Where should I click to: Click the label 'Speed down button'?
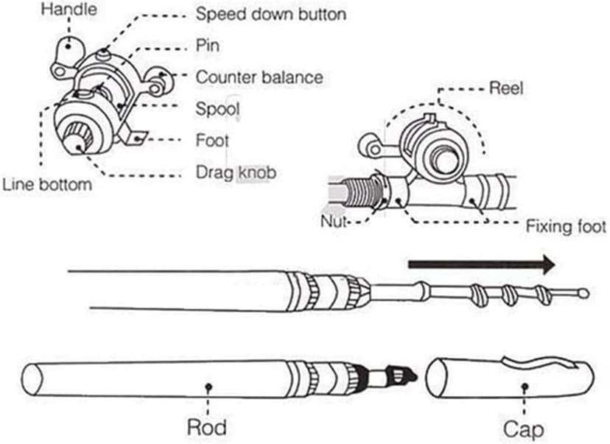tap(270, 13)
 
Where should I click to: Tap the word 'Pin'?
tap(207, 46)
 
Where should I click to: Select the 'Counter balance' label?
tap(259, 77)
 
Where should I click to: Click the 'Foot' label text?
tap(213, 140)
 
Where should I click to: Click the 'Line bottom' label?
tap(47, 184)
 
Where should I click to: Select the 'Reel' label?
tap(505, 88)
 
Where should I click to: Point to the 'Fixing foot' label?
tap(566, 226)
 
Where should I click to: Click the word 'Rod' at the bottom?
tap(206, 427)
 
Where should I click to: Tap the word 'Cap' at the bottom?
tap(524, 428)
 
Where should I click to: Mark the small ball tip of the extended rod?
tap(584, 293)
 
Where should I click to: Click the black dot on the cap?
tap(524, 385)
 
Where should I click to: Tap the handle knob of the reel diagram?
tap(69, 45)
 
